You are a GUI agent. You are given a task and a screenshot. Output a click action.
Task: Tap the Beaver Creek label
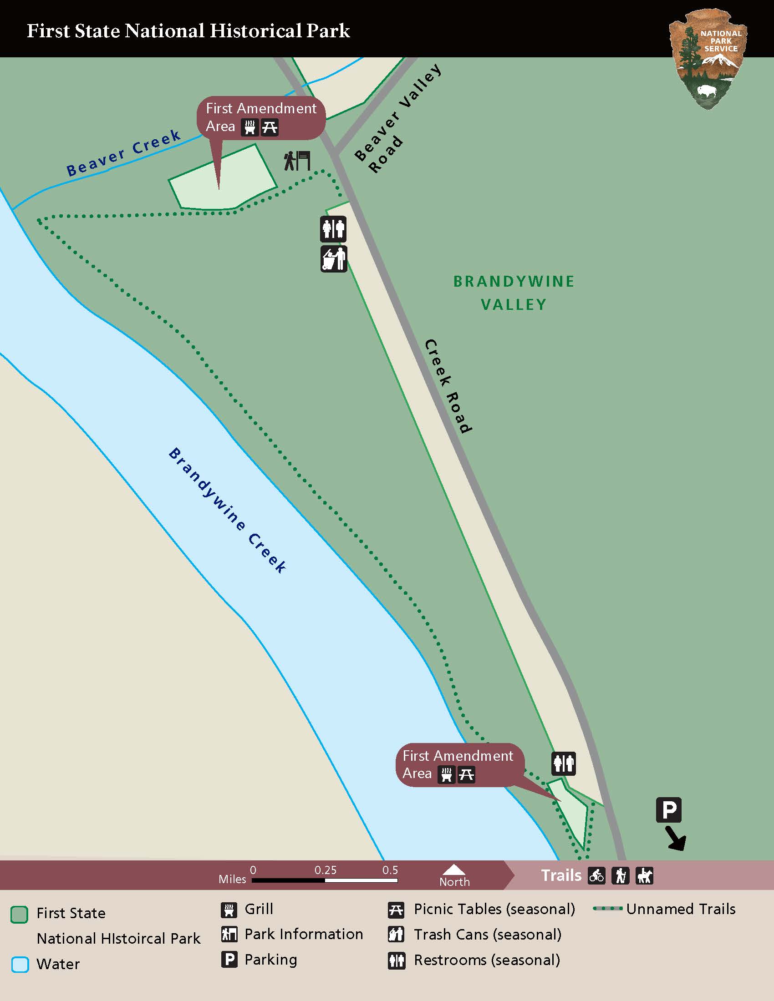[x=124, y=152]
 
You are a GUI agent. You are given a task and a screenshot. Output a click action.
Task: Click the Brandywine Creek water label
[x=228, y=510]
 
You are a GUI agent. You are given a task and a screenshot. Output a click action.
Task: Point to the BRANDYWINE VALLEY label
[x=514, y=293]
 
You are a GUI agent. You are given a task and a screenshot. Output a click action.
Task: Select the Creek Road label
[x=448, y=386]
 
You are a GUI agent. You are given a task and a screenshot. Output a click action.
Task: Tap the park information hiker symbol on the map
[x=297, y=161]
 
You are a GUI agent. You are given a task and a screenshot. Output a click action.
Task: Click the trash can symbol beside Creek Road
[x=333, y=259]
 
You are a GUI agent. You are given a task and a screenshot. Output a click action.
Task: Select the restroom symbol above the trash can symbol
[x=333, y=229]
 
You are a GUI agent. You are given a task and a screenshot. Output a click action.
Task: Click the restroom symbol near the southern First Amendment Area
[x=563, y=763]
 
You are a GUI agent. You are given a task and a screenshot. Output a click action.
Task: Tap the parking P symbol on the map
[x=668, y=810]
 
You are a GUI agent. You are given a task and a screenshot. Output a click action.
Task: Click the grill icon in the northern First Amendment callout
[x=250, y=127]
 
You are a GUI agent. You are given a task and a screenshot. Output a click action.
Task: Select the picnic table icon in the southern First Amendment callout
[x=466, y=775]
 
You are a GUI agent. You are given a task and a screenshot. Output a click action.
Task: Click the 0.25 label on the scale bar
[x=325, y=870]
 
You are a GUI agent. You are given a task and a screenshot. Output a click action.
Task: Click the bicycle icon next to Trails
[x=596, y=875]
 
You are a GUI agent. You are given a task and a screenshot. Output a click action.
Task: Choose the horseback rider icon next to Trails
[x=644, y=875]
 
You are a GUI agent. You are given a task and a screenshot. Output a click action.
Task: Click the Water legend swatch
[x=20, y=964]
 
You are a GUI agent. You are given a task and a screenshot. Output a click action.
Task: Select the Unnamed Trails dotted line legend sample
[x=607, y=909]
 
